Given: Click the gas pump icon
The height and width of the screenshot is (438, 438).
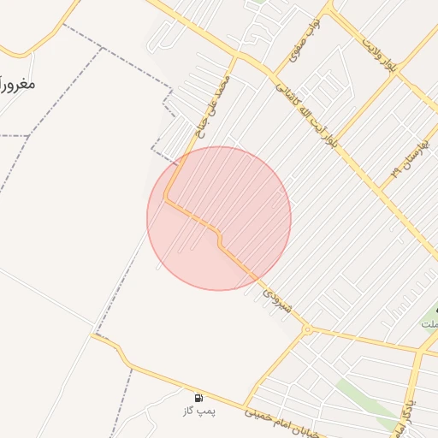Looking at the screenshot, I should coord(198,397).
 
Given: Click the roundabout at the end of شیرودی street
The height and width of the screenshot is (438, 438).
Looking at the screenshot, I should coord(306,329).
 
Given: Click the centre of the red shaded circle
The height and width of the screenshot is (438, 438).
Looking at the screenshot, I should coord(219,218).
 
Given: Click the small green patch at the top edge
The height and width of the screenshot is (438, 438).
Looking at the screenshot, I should coord(257,3).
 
